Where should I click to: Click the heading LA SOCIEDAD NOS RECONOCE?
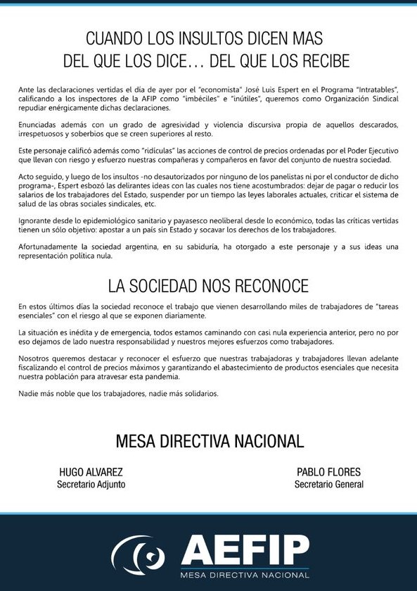coord(208,285)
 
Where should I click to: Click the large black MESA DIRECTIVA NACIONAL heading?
coord(209,442)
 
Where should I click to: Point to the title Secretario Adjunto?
coord(91,485)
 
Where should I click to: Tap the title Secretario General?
coord(329,485)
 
